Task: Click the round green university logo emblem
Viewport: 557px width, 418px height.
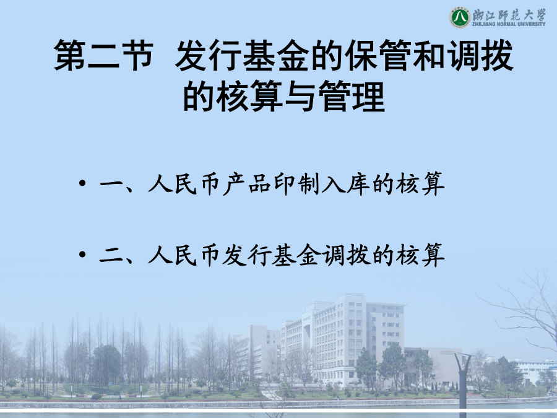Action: (460, 17)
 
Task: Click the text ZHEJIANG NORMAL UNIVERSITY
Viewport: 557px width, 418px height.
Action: (509, 24)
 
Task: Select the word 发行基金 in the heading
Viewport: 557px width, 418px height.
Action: (241, 55)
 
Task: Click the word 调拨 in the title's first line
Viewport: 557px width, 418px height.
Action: (480, 55)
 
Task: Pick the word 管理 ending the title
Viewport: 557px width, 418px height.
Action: (352, 97)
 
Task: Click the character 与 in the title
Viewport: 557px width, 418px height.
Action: (301, 97)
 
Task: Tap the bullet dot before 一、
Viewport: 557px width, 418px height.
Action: (82, 183)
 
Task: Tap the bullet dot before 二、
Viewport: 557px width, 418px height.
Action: (82, 255)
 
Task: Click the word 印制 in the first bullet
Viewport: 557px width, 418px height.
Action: (297, 184)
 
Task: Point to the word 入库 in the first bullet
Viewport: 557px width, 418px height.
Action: (346, 184)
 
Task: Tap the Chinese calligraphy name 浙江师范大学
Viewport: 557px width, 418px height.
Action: (509, 14)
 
